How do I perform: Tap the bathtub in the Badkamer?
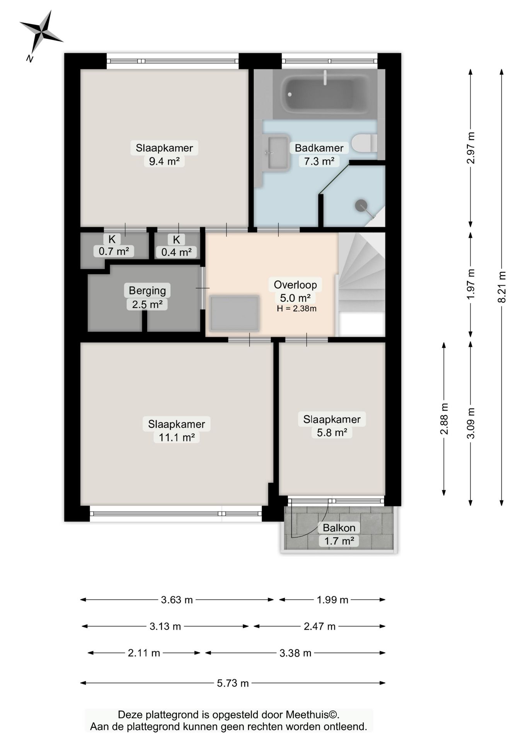click(x=325, y=94)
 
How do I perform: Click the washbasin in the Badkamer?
click(x=276, y=152)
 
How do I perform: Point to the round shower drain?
click(x=361, y=205)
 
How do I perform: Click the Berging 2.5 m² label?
click(x=147, y=297)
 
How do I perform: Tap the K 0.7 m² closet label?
click(x=113, y=245)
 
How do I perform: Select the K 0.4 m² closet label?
click(x=176, y=246)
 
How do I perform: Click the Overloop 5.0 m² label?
click(x=295, y=291)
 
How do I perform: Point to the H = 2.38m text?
click(x=297, y=308)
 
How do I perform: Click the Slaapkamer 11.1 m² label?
click(x=177, y=430)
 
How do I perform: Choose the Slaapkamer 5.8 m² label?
click(x=332, y=425)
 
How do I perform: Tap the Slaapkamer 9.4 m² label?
click(x=164, y=154)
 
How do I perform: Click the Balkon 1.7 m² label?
click(x=339, y=534)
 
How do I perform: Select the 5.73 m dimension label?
click(x=233, y=683)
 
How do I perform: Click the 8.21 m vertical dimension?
click(x=501, y=287)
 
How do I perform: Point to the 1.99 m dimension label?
click(x=332, y=600)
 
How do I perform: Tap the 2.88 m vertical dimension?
click(x=444, y=419)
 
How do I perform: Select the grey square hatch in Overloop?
click(x=234, y=313)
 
